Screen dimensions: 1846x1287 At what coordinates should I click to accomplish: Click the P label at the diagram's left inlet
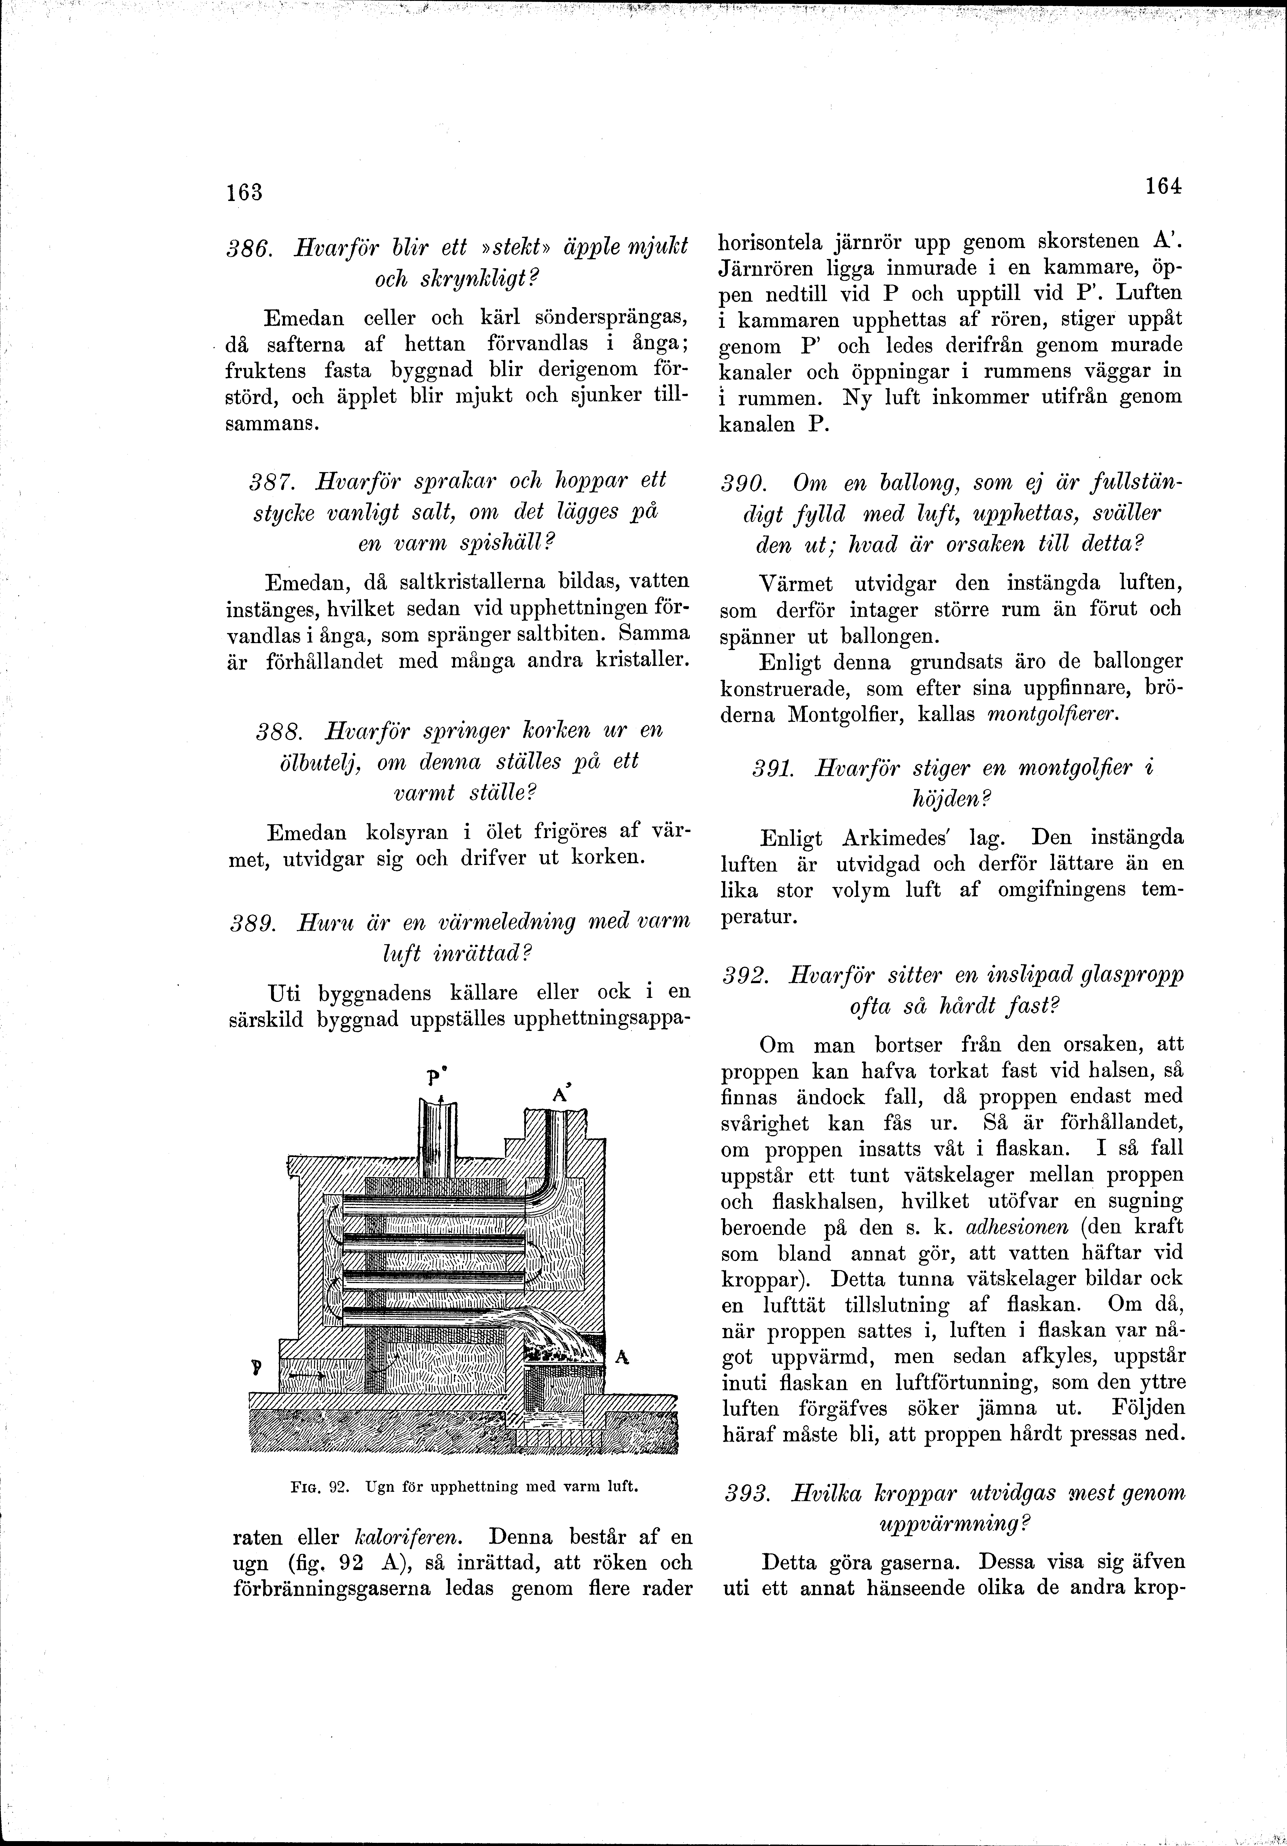click(x=255, y=1364)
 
